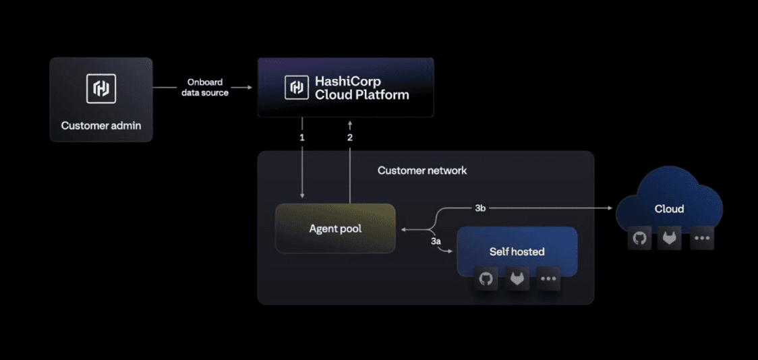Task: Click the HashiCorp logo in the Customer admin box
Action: tap(101, 89)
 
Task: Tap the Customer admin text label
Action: tap(101, 125)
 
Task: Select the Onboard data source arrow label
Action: tap(205, 88)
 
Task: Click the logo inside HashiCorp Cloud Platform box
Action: tap(296, 88)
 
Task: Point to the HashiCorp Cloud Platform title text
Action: tap(361, 88)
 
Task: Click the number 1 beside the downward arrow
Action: tap(302, 137)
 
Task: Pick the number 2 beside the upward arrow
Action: tap(349, 137)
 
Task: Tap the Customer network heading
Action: tap(421, 171)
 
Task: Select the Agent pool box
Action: tap(335, 229)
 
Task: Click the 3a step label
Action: tap(436, 241)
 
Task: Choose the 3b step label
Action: tap(480, 208)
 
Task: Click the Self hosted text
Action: tap(517, 251)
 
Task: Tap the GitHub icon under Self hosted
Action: tap(486, 279)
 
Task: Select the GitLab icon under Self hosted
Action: tap(517, 279)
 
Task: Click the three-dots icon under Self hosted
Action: tap(549, 279)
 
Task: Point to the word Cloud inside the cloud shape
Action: tap(669, 209)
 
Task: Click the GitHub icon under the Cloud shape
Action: tap(639, 239)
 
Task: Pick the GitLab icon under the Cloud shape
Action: tap(670, 239)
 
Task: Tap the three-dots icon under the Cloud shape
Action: tap(701, 239)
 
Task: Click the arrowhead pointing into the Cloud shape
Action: tap(610, 209)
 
